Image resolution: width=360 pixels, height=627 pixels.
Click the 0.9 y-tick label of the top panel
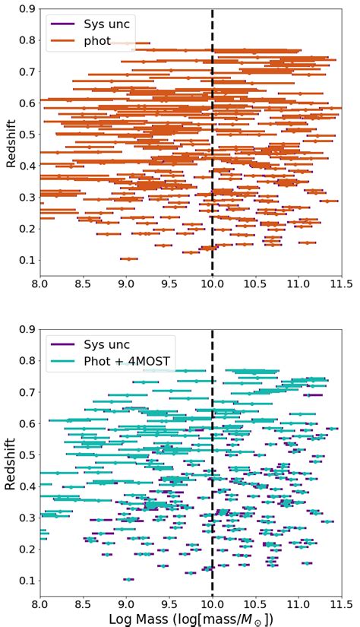click(x=27, y=8)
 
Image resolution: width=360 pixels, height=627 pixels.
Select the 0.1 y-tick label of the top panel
click(x=27, y=260)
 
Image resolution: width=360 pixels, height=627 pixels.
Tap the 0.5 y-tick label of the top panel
click(x=27, y=135)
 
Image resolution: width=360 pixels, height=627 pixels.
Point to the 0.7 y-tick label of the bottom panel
click(x=27, y=391)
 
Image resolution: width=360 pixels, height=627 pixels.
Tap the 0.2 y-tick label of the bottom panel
click(x=27, y=549)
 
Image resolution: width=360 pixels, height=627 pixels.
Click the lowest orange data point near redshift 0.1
click(x=129, y=259)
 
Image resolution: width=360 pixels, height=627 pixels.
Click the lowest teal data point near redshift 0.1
click(x=129, y=579)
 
